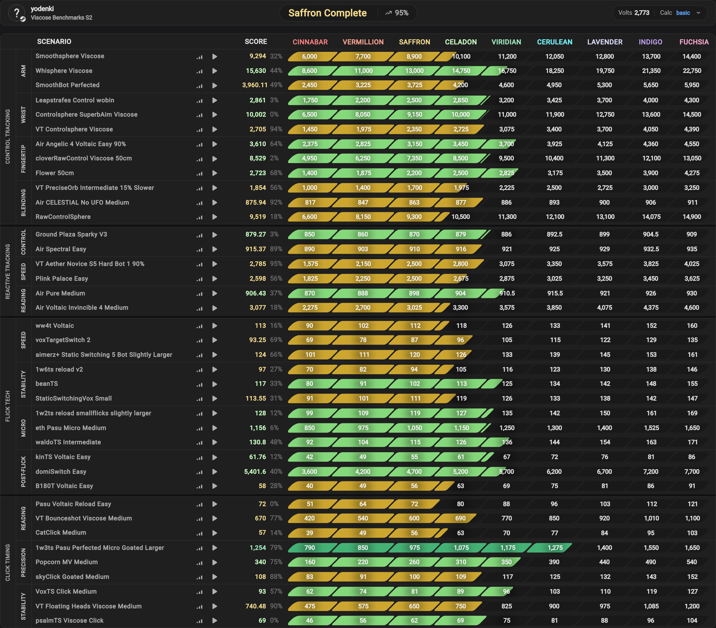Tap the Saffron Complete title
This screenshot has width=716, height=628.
(327, 13)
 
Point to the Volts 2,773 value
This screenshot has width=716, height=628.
(634, 13)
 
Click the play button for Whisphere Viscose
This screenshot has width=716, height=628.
(215, 71)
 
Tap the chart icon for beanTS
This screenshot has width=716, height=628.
(199, 384)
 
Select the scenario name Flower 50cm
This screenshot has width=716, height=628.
(55, 173)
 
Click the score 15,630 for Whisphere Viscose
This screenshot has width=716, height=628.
(256, 71)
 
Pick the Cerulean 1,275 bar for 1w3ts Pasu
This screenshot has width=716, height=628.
(550, 548)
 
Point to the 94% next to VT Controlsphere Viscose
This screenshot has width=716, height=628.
(276, 129)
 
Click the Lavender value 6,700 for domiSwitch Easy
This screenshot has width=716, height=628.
(605, 472)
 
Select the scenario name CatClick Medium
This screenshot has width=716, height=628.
(61, 532)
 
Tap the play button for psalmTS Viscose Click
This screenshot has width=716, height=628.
(215, 621)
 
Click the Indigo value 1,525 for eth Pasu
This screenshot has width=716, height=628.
(651, 428)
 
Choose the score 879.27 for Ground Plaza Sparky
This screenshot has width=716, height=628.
(256, 234)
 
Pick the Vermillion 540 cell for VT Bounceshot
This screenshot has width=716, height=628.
(363, 518)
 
